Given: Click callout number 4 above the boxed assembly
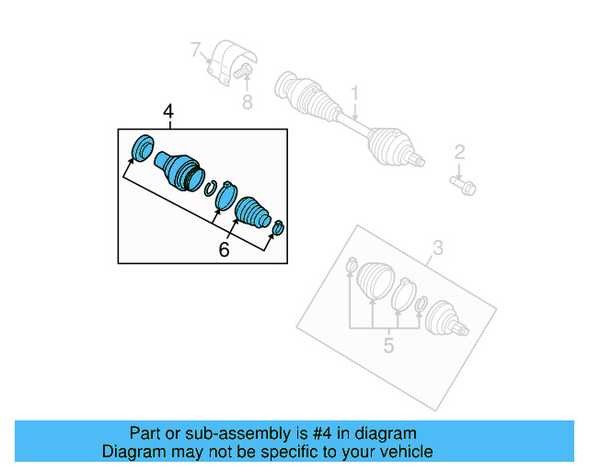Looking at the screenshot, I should click(168, 112).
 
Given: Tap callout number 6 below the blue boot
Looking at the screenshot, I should click(224, 249).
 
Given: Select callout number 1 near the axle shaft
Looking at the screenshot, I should click(353, 93).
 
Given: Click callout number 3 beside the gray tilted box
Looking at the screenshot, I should click(437, 247).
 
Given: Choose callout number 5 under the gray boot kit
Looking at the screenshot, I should click(388, 345).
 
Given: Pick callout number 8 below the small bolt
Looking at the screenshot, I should click(247, 102).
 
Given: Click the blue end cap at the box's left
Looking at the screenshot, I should click(144, 147).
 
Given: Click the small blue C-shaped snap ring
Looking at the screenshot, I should click(211, 188).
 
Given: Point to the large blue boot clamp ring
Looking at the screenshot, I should click(225, 195).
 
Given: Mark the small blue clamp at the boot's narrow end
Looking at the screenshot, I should click(279, 226).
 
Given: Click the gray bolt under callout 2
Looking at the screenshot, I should click(463, 185).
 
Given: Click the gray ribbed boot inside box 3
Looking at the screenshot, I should click(374, 281).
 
